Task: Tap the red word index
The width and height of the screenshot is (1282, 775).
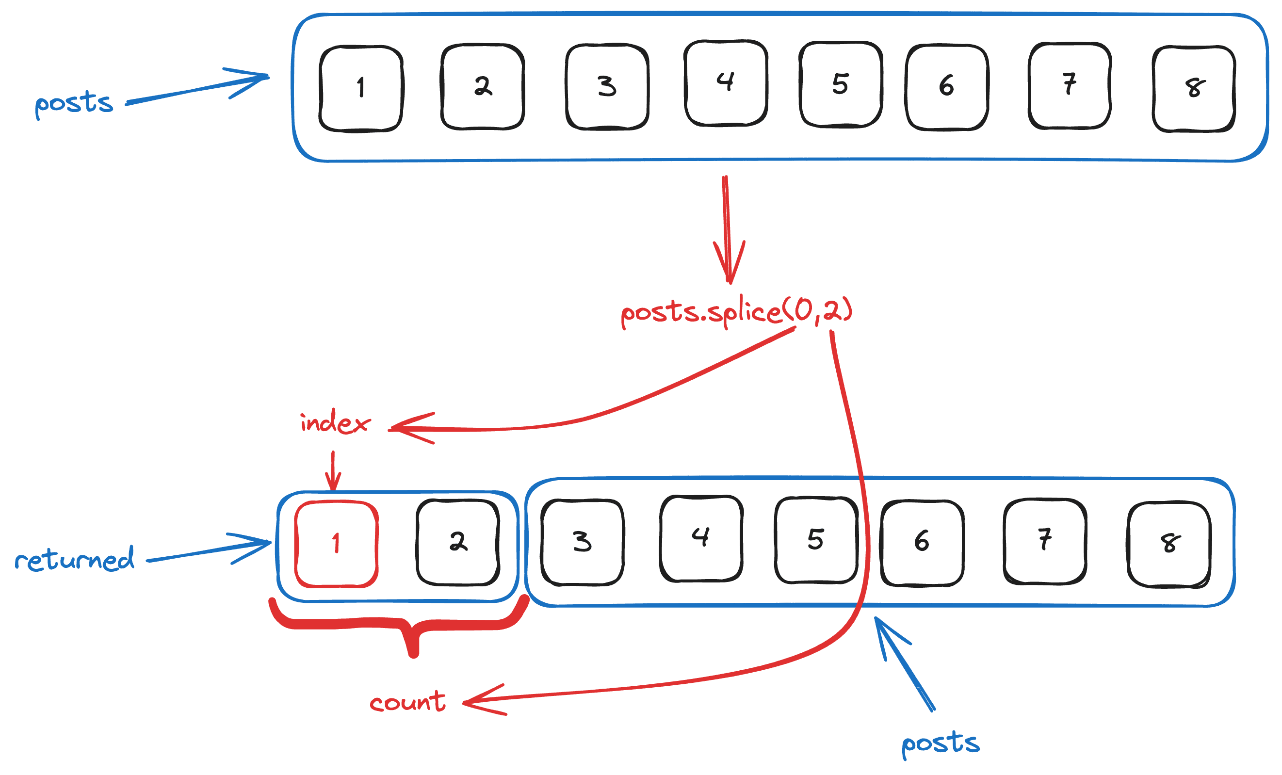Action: click(335, 422)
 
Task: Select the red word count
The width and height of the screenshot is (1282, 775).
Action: click(407, 702)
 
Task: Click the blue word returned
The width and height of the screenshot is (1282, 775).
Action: click(74, 559)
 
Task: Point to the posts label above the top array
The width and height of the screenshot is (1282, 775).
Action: click(74, 102)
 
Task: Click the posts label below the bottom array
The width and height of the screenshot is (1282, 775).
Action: click(940, 743)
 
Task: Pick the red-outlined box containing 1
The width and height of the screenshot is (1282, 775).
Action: click(336, 544)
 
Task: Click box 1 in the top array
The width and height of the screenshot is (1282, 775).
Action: click(361, 88)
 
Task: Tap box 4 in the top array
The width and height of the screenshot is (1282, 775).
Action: click(726, 83)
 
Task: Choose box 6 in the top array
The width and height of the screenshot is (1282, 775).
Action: click(946, 87)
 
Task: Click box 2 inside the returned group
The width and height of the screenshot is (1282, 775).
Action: click(458, 542)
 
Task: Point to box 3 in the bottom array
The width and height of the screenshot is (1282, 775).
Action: click(582, 542)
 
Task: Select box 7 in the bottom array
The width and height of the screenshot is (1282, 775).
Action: click(1045, 541)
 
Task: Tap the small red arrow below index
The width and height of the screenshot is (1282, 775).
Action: click(333, 471)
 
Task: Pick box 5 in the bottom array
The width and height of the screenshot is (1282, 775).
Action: click(816, 540)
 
